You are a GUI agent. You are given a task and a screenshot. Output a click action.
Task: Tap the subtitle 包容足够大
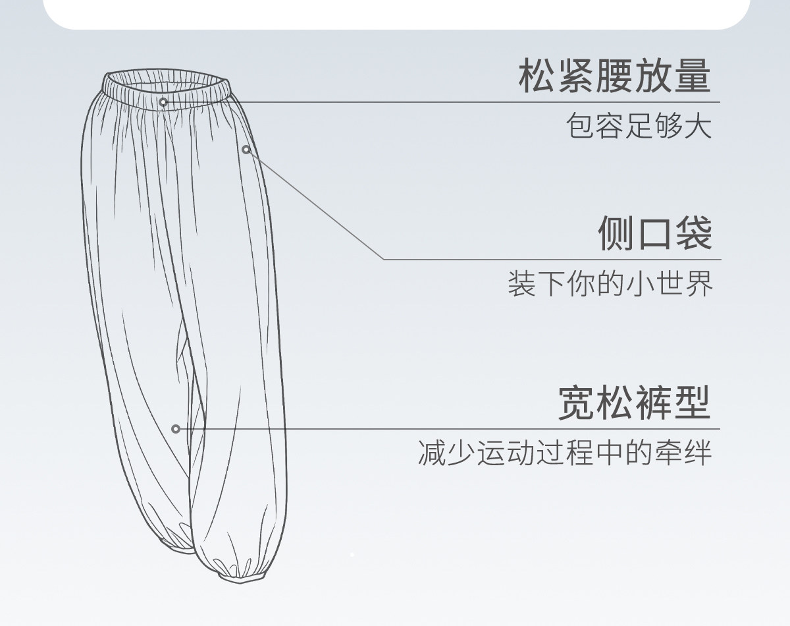coord(639,126)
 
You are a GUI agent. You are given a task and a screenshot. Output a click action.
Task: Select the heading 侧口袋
coord(654,233)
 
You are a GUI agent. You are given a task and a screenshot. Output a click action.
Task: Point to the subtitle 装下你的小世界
coord(610,284)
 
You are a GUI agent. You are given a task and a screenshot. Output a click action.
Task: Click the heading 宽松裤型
coord(634,402)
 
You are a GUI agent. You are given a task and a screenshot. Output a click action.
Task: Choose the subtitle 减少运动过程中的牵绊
coord(565,453)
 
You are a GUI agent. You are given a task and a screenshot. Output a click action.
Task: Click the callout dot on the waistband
coord(163,102)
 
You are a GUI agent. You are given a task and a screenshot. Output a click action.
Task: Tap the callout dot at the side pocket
coord(246,150)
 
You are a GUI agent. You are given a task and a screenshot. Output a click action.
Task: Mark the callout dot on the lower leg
coord(176,429)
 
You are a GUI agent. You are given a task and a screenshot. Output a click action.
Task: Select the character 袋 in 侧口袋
coord(693,233)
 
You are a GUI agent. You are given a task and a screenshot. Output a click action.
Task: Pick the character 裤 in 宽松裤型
coord(654,402)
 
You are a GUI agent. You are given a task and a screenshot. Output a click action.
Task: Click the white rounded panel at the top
coord(395,13)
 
